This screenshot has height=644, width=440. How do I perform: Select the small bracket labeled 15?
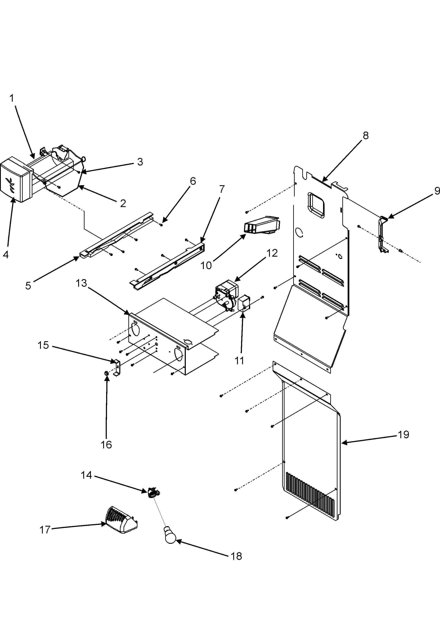click(117, 367)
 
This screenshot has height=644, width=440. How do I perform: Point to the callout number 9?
click(436, 191)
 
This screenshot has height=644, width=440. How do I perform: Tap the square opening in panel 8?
click(315, 205)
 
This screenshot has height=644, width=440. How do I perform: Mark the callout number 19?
click(403, 434)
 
